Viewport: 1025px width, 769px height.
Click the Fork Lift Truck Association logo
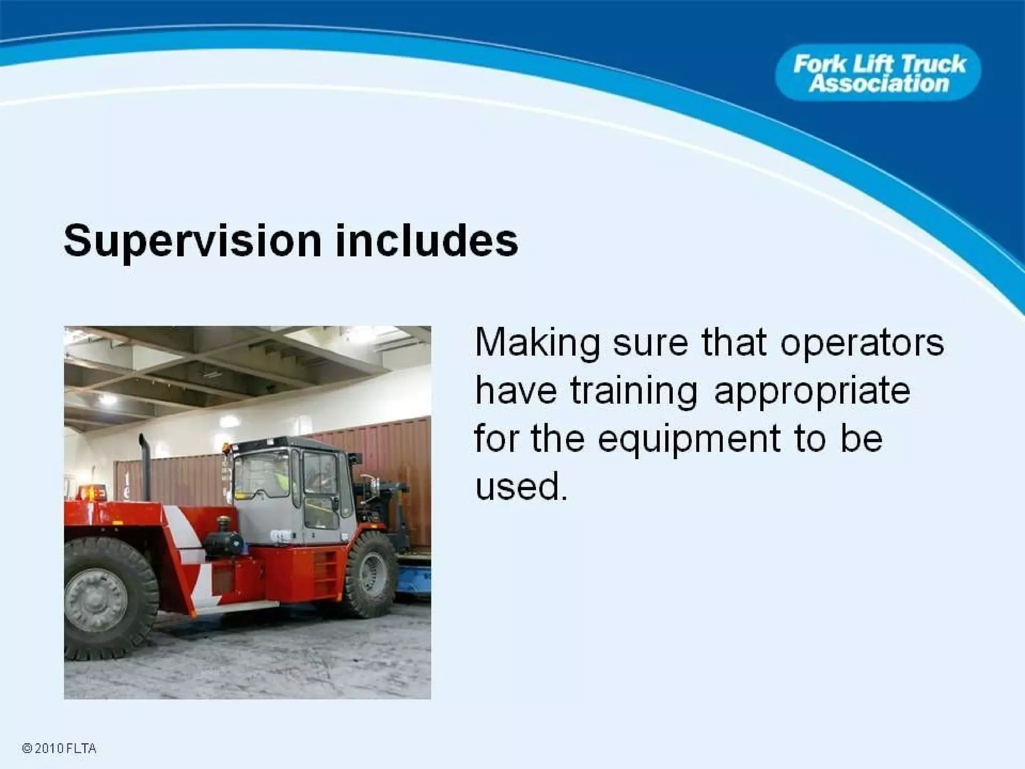(878, 73)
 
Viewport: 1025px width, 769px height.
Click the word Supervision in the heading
(192, 241)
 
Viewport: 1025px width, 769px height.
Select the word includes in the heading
(426, 241)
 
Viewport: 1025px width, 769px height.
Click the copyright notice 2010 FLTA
(59, 748)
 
